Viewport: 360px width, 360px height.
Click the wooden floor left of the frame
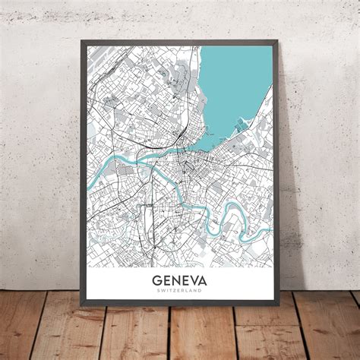(38, 327)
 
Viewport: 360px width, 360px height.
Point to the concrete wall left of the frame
(38, 152)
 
